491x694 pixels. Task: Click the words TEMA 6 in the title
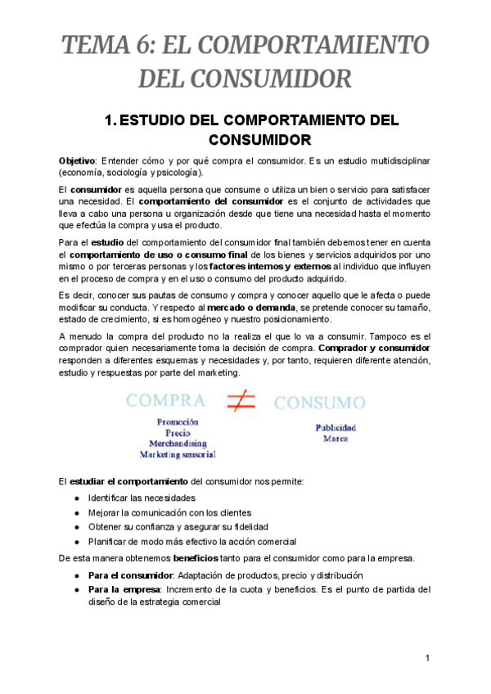(97, 43)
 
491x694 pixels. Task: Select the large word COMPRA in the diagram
(165, 400)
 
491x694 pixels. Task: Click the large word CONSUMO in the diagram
(319, 403)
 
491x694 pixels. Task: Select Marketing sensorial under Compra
(178, 453)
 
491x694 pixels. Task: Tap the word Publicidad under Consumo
(336, 428)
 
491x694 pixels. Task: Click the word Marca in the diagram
(335, 439)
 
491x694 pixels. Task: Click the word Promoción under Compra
(178, 421)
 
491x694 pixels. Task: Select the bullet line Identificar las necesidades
(142, 498)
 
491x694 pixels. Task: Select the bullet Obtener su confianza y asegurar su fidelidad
(178, 527)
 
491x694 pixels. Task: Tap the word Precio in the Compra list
(178, 432)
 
